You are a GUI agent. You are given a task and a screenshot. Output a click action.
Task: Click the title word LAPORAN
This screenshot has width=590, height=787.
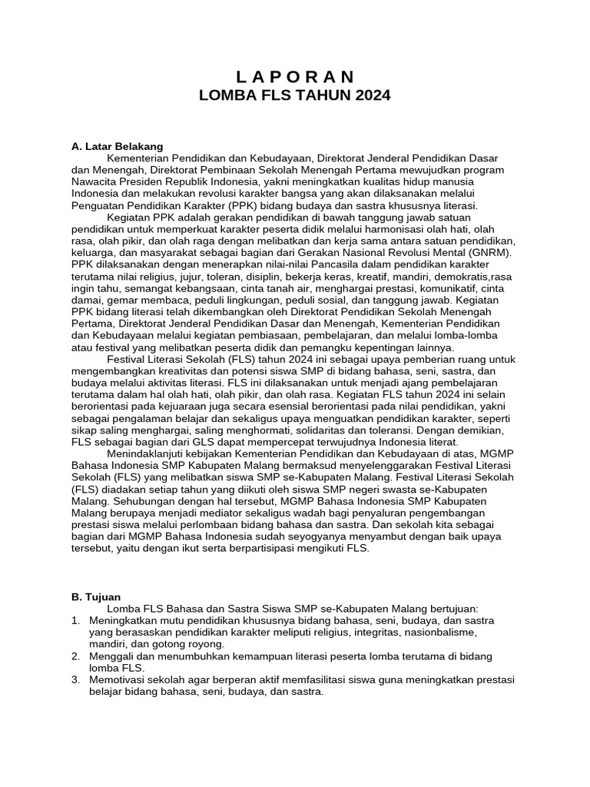pyautogui.click(x=295, y=77)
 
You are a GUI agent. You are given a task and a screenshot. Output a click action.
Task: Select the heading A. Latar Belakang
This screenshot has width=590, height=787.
pyautogui.click(x=117, y=146)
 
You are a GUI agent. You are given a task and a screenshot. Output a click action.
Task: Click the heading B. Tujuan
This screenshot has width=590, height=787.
pyautogui.click(x=96, y=596)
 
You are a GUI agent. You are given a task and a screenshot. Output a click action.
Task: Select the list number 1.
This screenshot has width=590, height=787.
pyautogui.click(x=75, y=620)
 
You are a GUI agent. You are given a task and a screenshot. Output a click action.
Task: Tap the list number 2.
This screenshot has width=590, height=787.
pyautogui.click(x=75, y=656)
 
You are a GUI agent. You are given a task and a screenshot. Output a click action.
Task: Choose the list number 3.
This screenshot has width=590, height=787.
pyautogui.click(x=75, y=680)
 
